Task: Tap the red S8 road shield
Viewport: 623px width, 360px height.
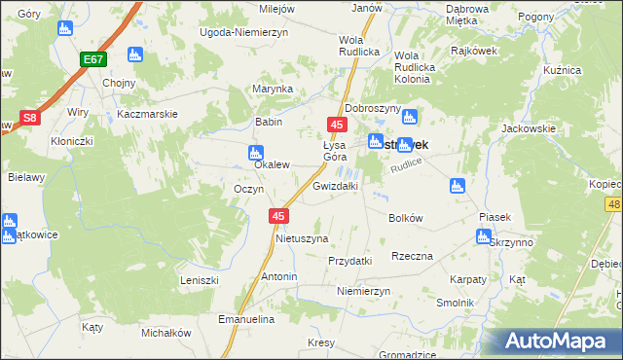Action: (x=30, y=118)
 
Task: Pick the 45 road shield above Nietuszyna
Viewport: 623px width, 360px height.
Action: (x=279, y=216)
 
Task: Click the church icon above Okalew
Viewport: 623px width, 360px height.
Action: (x=255, y=152)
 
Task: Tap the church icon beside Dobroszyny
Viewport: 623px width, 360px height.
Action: (x=410, y=117)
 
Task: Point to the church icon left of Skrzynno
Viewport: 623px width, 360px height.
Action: (x=484, y=236)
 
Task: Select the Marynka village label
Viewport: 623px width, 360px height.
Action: (x=273, y=90)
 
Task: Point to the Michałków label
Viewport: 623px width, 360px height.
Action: (x=165, y=333)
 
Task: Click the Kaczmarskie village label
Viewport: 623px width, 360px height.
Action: (x=146, y=114)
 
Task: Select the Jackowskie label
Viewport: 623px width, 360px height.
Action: (x=528, y=128)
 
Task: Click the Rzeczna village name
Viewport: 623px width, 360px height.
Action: (x=412, y=256)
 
